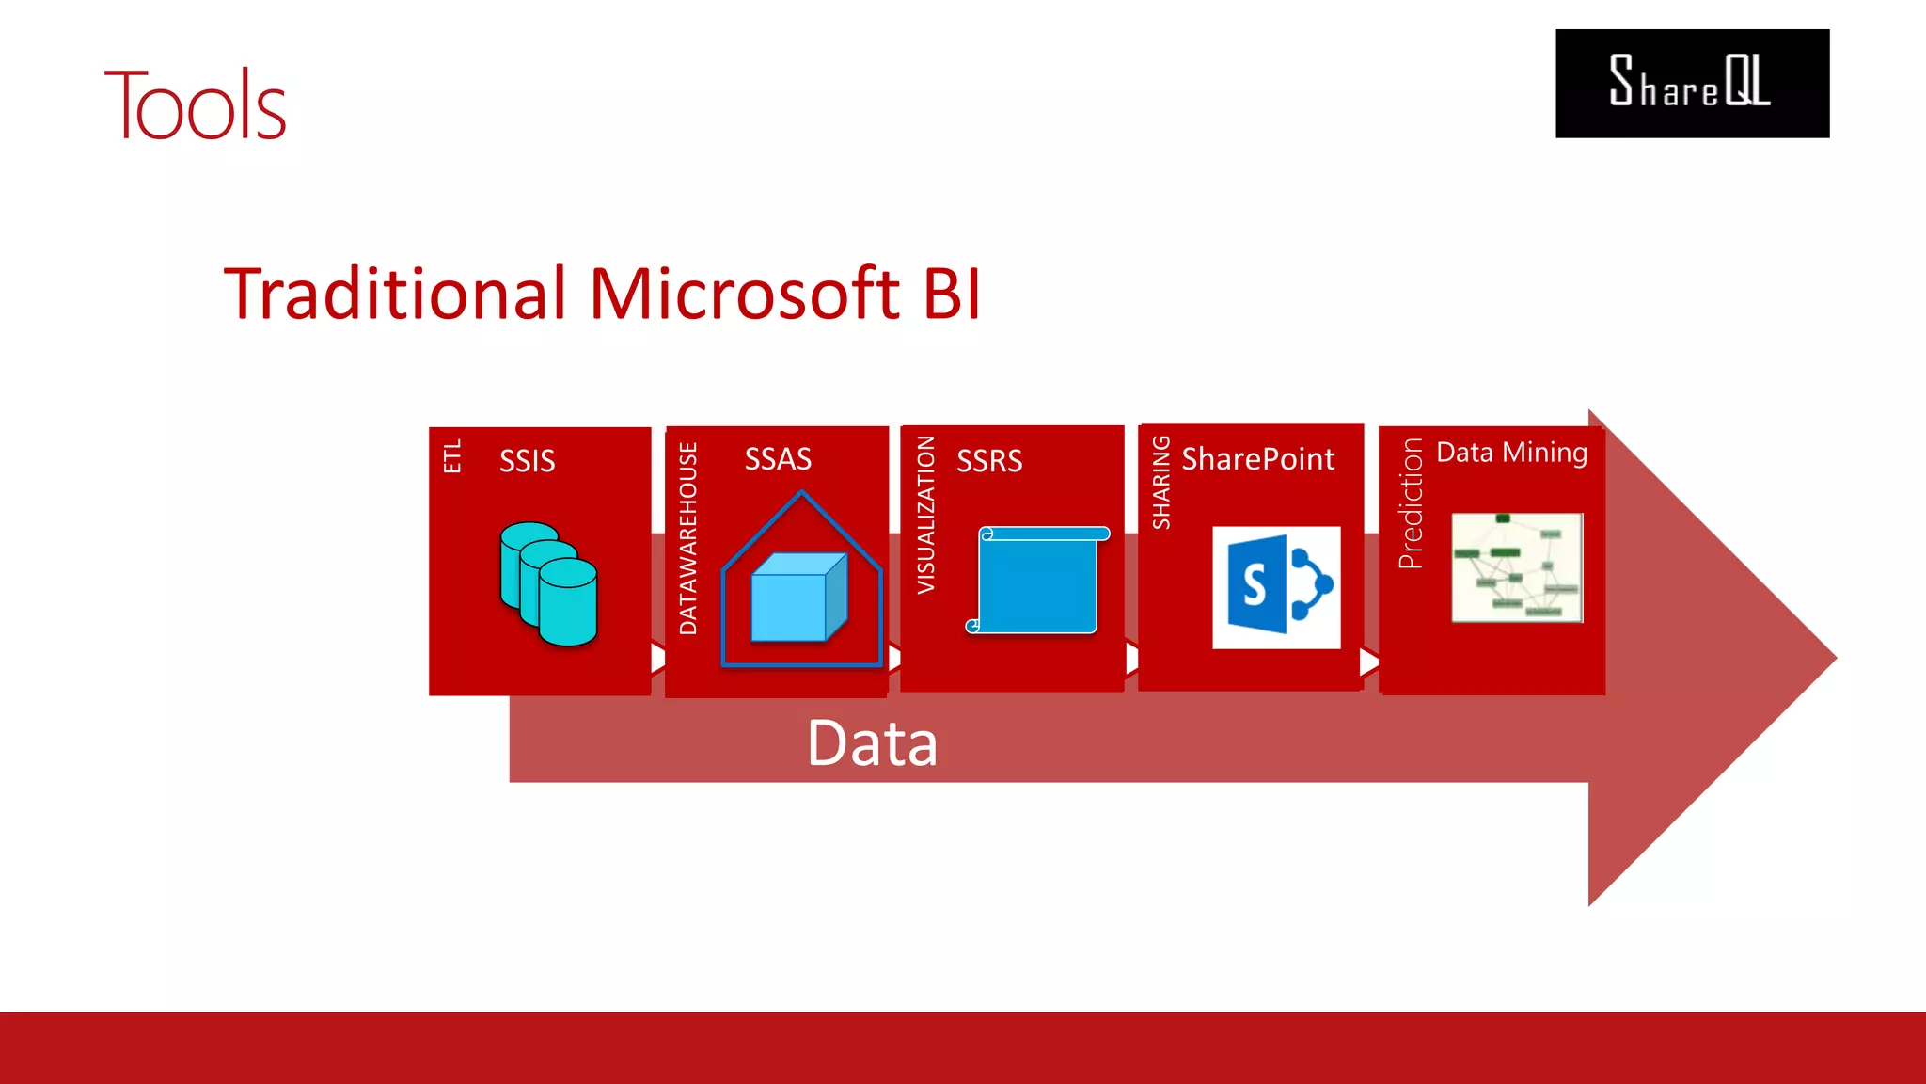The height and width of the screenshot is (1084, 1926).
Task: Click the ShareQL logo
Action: pyautogui.click(x=1692, y=84)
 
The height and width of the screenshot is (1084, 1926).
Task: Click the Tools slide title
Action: pyautogui.click(x=195, y=106)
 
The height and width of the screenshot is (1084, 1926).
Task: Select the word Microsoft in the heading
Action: pyautogui.click(x=745, y=294)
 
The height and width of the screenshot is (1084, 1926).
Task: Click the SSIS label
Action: pyautogui.click(x=527, y=461)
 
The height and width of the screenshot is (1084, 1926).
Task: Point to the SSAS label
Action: pyautogui.click(x=778, y=459)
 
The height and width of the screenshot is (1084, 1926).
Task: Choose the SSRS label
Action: pyautogui.click(x=989, y=461)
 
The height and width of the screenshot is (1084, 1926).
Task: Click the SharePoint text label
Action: pyautogui.click(x=1257, y=459)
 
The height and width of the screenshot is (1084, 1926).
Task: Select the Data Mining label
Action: pyautogui.click(x=1511, y=453)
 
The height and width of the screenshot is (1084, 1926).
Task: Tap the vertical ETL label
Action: pyautogui.click(x=452, y=456)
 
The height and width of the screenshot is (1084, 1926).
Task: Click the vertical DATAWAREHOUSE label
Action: pyautogui.click(x=688, y=538)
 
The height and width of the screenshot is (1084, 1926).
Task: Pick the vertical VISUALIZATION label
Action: pyautogui.click(x=926, y=515)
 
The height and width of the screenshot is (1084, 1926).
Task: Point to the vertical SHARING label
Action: pyautogui.click(x=1161, y=482)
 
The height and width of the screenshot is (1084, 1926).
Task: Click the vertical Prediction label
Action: pyautogui.click(x=1411, y=503)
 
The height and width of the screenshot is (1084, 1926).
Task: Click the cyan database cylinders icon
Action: pyautogui.click(x=548, y=583)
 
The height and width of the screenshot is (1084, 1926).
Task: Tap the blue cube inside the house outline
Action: pyautogui.click(x=798, y=598)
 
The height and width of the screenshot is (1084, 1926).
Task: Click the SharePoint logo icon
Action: pyautogui.click(x=1276, y=587)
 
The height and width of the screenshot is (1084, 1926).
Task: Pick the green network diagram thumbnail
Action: pyautogui.click(x=1517, y=567)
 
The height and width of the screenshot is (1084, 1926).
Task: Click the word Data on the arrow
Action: pyautogui.click(x=872, y=743)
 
